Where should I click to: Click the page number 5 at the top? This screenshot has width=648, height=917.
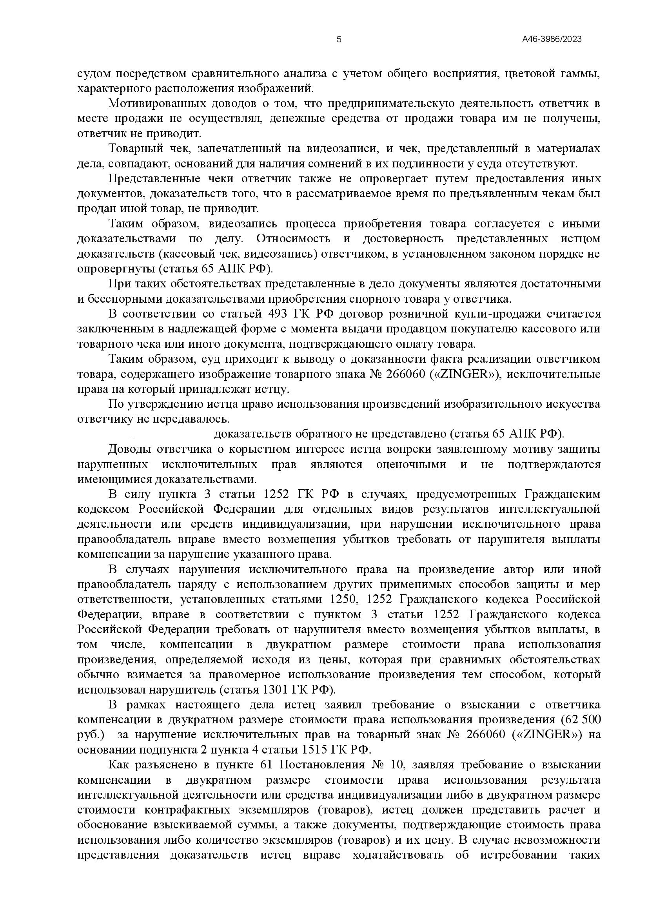tap(339, 40)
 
